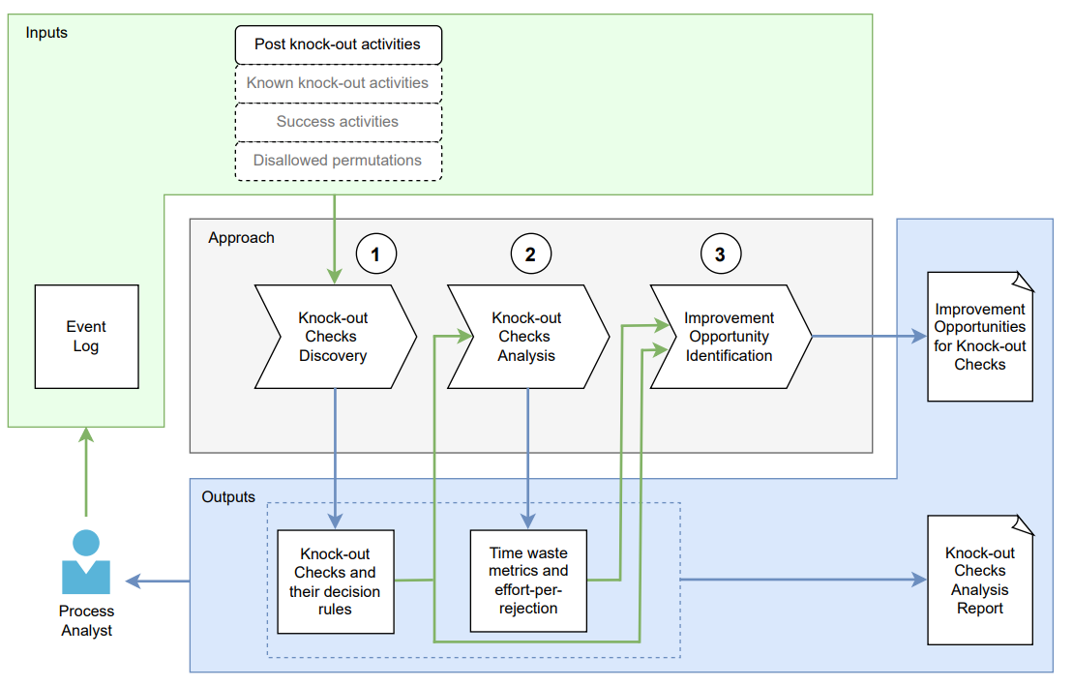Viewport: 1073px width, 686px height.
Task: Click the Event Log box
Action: point(86,337)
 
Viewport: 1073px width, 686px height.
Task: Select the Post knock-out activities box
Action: point(338,45)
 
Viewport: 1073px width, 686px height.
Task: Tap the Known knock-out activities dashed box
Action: point(338,83)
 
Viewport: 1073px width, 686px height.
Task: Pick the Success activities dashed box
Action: point(338,122)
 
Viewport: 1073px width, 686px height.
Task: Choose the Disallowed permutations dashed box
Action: point(338,161)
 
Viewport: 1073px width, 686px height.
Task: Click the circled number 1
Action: point(376,254)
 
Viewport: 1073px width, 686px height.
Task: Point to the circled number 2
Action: point(530,254)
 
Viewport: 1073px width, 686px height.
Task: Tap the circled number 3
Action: point(720,254)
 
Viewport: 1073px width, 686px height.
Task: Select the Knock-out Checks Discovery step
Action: point(334,337)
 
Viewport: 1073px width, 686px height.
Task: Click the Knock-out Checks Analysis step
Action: point(527,337)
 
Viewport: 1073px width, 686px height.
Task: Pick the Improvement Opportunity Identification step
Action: point(730,337)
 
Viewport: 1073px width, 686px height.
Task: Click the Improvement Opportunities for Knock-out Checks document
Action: point(980,337)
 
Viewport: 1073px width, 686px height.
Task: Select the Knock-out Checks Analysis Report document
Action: point(980,581)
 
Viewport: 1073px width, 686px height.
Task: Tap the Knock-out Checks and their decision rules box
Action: point(335,582)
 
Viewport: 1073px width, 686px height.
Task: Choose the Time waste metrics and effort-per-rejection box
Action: point(528,582)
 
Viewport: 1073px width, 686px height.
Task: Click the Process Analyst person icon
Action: point(86,563)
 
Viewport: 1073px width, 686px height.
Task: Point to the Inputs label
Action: point(46,32)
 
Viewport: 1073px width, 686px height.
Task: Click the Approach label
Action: point(241,238)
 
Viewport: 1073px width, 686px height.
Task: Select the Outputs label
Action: point(228,497)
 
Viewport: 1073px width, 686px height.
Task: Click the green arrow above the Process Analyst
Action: point(86,474)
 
